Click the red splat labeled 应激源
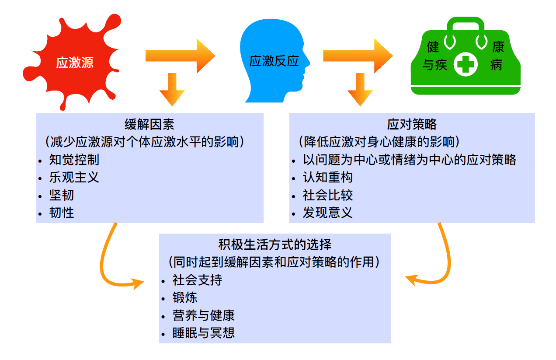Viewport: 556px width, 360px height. coord(72,62)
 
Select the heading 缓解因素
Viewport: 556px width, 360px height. coord(149,125)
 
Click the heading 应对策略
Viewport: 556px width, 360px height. coord(412,125)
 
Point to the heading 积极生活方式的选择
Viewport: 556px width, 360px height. coord(275,244)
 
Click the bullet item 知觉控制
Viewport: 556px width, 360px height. coord(74,160)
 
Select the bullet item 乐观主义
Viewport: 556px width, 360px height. coord(74,177)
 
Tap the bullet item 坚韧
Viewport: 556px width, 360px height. coord(62,195)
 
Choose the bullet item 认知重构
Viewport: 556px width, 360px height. coord(328,177)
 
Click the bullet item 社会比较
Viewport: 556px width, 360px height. coord(328,195)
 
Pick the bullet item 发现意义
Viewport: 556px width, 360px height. coord(328,213)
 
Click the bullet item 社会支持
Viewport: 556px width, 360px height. coord(197,280)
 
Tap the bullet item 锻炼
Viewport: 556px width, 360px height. coord(185,297)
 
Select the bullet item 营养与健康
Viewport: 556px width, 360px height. coord(204,315)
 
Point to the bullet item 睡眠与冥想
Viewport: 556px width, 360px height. coord(204,332)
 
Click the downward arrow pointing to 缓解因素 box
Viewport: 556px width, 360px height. coord(172,90)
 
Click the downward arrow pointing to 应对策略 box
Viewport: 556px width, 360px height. coord(360,90)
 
